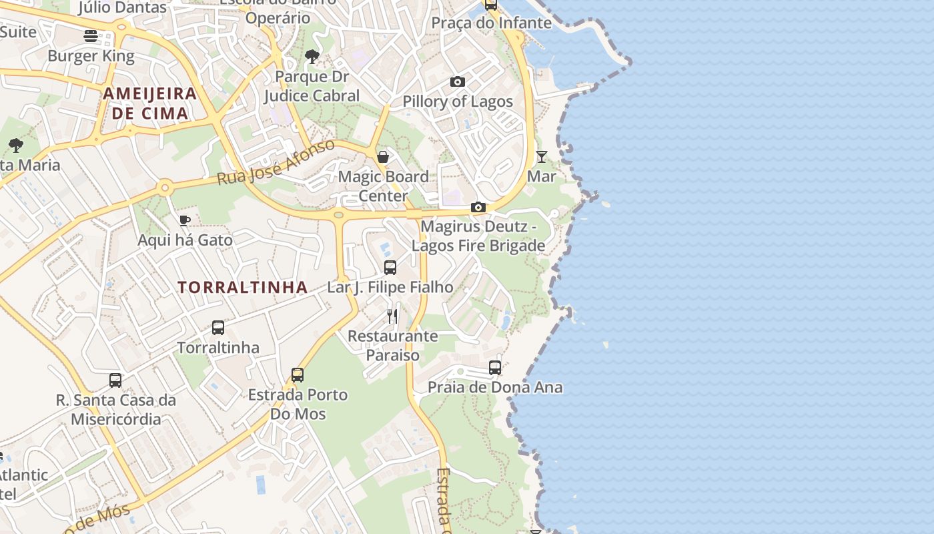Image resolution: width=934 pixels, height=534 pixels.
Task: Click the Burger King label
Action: pyautogui.click(x=91, y=56)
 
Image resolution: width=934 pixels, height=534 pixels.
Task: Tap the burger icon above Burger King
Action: pyautogui.click(x=91, y=35)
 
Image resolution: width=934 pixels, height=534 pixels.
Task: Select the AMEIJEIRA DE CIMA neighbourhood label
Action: pyautogui.click(x=150, y=103)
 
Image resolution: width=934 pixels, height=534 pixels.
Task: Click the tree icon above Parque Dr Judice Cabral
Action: pyautogui.click(x=312, y=57)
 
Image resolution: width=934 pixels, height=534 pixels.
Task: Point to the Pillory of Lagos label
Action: pyautogui.click(x=458, y=101)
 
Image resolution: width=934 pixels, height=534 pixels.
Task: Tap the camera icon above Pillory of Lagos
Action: pyautogui.click(x=458, y=81)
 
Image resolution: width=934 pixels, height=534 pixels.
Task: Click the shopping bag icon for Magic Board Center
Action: pyautogui.click(x=384, y=157)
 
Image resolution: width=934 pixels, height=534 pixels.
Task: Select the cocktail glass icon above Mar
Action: pyautogui.click(x=542, y=157)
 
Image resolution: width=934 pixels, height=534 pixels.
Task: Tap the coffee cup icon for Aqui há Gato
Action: pyautogui.click(x=185, y=220)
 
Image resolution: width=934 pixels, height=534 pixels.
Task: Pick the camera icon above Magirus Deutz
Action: pyautogui.click(x=478, y=207)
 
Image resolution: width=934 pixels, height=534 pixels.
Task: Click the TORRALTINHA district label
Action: pyautogui.click(x=243, y=288)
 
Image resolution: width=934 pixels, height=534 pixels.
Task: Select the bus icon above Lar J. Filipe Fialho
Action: pyautogui.click(x=390, y=268)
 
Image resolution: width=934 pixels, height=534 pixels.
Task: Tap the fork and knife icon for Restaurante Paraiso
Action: pyautogui.click(x=392, y=316)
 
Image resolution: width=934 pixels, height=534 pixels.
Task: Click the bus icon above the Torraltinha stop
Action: pyautogui.click(x=218, y=328)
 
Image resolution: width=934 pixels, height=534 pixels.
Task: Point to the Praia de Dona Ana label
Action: pyautogui.click(x=495, y=387)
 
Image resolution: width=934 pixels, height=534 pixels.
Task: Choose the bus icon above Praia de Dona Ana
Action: pyautogui.click(x=495, y=368)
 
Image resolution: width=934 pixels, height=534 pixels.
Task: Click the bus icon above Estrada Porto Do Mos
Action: pyautogui.click(x=298, y=375)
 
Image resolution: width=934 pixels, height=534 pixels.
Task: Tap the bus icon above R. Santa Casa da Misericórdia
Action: pyautogui.click(x=115, y=380)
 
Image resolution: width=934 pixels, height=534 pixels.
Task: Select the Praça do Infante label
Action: pyautogui.click(x=492, y=23)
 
